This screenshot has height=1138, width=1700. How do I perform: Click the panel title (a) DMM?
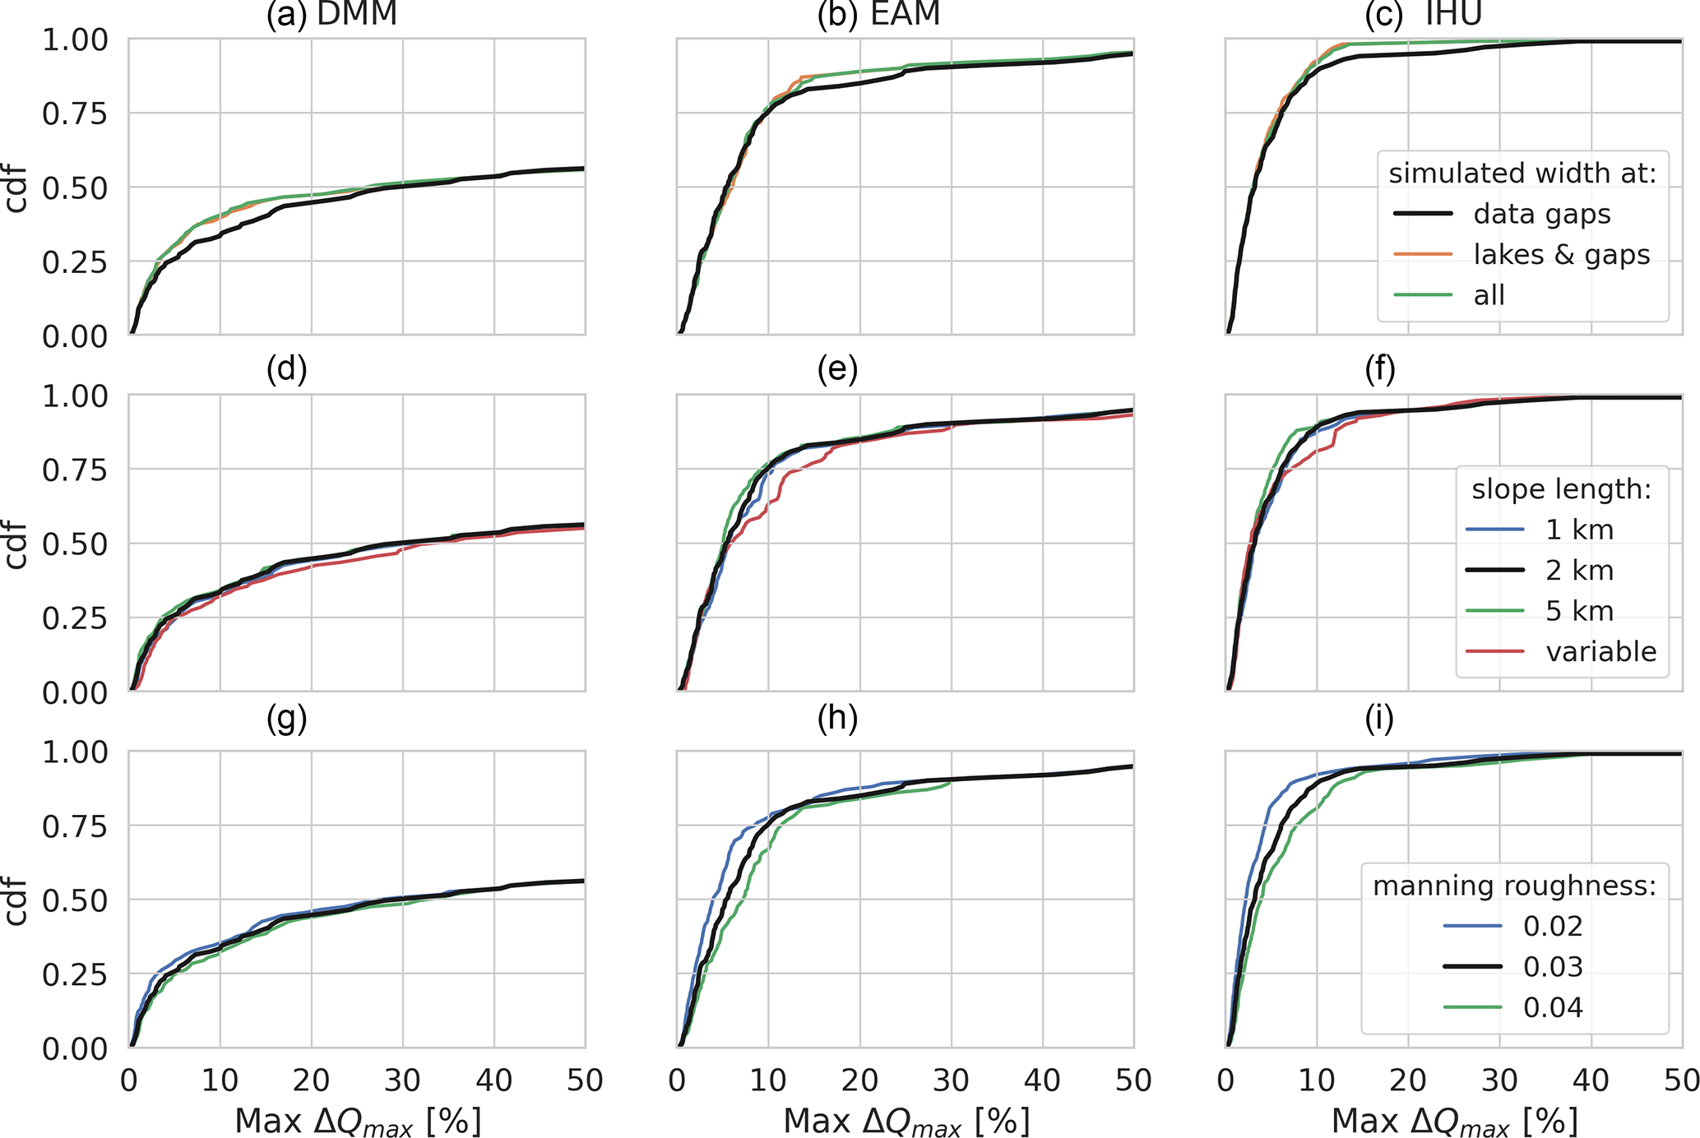(x=331, y=15)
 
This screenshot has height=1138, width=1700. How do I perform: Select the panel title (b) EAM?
(x=878, y=15)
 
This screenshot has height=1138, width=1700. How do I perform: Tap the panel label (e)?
(x=837, y=370)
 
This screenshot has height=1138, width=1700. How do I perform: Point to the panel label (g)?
(x=286, y=719)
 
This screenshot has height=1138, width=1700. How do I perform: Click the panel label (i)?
(x=1379, y=719)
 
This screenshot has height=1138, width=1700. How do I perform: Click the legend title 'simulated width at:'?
(x=1522, y=173)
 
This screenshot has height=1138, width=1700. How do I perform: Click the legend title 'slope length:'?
(x=1561, y=489)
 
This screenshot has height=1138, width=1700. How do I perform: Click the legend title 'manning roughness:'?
(x=1514, y=886)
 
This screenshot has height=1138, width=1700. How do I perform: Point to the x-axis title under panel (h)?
(x=906, y=1121)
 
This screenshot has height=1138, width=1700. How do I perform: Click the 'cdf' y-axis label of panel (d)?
(x=16, y=544)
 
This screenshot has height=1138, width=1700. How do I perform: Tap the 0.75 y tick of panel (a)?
(x=75, y=113)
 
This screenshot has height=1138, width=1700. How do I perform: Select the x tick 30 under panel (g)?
(x=403, y=1080)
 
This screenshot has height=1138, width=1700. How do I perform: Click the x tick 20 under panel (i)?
(x=1408, y=1080)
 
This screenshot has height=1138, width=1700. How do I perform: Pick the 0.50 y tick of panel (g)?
(x=75, y=900)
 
